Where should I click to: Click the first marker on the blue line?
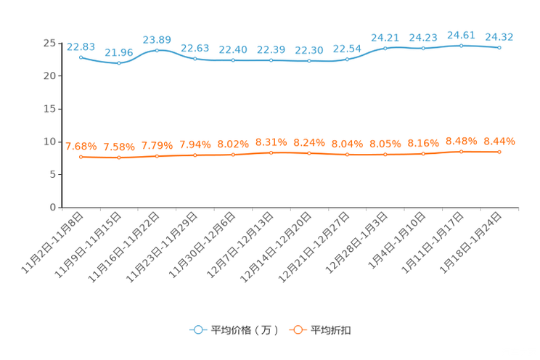pos(81,57)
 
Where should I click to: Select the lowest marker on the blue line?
pos(119,63)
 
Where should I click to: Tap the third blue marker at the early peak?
pos(157,50)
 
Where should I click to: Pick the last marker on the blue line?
pos(499,48)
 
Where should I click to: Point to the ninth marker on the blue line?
pos(385,48)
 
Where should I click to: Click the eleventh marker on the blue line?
pos(462,46)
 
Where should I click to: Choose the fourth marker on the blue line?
pos(195,59)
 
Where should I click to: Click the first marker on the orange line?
pos(81,157)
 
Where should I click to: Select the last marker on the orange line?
pos(499,152)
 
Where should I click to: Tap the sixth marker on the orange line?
pos(271,153)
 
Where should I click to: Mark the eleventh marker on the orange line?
pos(462,152)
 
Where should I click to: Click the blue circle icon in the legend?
pos(197,330)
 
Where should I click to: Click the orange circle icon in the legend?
pos(297,330)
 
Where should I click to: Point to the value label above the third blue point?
pos(157,38)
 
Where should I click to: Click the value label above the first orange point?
pos(81,146)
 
